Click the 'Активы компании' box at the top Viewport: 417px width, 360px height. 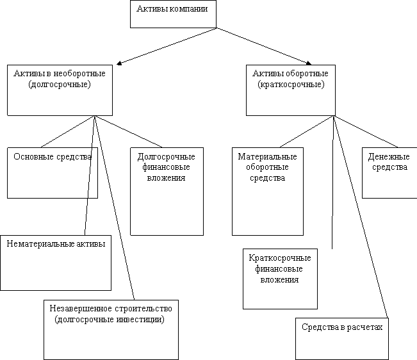tap(173, 14)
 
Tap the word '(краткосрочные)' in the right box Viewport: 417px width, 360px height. tap(291, 85)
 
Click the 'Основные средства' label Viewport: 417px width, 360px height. tap(53, 156)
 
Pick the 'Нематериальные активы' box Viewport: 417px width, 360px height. tap(56, 263)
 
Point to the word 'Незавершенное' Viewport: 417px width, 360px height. tap(81, 308)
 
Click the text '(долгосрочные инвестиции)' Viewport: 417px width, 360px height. tap(110, 319)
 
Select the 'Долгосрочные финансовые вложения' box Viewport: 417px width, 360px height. tap(167, 192)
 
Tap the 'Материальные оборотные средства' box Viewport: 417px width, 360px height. tap(268, 192)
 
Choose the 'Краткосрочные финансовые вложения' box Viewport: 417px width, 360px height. tap(280, 279)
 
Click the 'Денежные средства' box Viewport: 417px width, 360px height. tap(389, 173)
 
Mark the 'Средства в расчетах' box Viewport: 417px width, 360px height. tap(342, 339)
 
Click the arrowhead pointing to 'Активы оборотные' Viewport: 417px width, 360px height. tap(309, 63)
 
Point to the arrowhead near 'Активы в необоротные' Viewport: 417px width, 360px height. tap(119, 63)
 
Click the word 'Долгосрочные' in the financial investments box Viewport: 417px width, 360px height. tap(166, 157)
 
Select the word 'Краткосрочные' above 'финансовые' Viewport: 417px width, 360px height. tap(280, 258)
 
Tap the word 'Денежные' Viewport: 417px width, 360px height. tap(389, 157)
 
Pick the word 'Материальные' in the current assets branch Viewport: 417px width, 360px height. tap(267, 156)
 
